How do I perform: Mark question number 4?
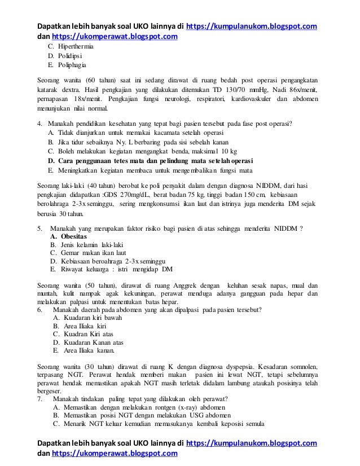pos(39,124)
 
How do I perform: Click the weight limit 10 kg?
pos(229,152)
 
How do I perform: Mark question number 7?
pos(39,398)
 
